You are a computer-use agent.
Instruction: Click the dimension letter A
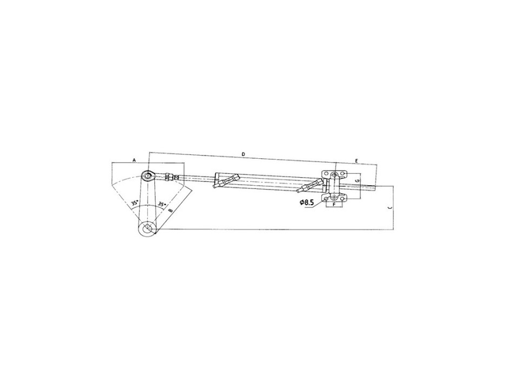pyautogui.click(x=133, y=160)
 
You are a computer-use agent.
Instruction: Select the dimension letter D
pyautogui.click(x=243, y=155)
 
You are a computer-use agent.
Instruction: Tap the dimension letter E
pyautogui.click(x=357, y=161)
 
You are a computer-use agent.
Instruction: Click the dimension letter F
pyautogui.click(x=335, y=205)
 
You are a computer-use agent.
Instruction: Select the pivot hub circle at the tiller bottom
pyautogui.click(x=146, y=229)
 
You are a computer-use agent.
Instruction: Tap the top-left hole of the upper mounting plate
pyautogui.click(x=327, y=173)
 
